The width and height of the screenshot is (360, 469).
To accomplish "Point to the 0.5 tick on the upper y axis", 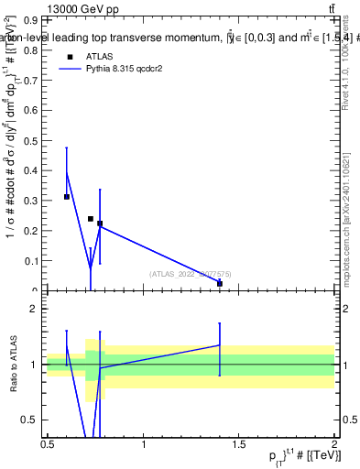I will [31, 139].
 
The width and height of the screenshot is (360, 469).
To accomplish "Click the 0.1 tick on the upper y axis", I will [31, 261].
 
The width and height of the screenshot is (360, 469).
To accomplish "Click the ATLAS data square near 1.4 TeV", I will [220, 284].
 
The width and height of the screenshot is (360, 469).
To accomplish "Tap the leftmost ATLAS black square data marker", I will [67, 197].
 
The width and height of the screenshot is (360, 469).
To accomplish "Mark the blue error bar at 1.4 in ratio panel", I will [220, 348].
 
